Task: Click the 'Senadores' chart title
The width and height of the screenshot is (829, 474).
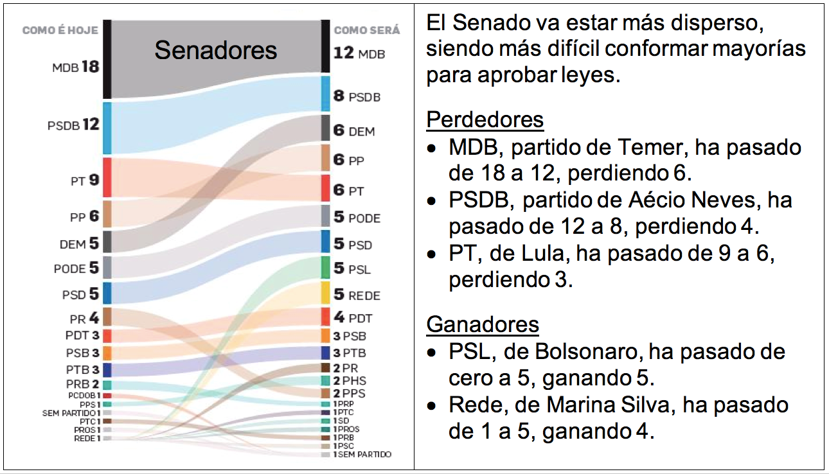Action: click(x=215, y=50)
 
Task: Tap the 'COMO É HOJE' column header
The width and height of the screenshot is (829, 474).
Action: click(x=61, y=30)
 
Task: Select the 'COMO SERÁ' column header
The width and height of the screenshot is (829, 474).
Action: click(x=367, y=30)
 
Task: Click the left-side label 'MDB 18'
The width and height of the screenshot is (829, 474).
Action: click(x=76, y=67)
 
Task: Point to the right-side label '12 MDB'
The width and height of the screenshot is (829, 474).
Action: click(x=359, y=53)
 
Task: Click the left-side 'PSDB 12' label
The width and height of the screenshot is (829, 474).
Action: click(x=73, y=125)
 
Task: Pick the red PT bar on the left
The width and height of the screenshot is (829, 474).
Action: click(x=107, y=177)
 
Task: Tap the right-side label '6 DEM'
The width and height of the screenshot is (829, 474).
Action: click(x=353, y=131)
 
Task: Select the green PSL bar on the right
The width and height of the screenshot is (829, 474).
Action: click(x=326, y=268)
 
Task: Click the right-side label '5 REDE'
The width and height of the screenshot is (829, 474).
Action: click(x=357, y=295)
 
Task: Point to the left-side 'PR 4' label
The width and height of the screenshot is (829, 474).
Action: click(x=84, y=318)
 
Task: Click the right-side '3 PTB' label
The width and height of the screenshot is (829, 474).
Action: click(x=349, y=353)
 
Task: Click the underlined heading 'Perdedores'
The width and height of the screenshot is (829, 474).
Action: click(x=485, y=120)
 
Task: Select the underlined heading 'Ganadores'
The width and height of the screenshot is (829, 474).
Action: click(x=482, y=324)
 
